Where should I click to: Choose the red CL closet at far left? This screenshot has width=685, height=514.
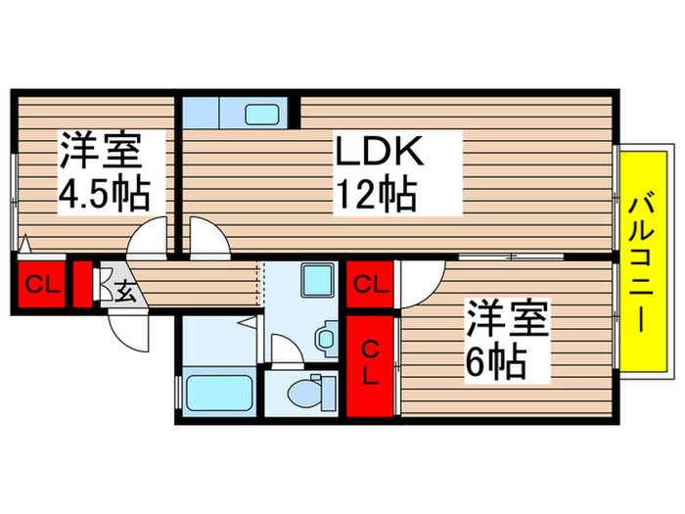[40, 286]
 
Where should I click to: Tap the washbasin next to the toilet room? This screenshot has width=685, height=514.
[325, 339]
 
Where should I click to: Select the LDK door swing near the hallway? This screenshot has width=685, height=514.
[206, 238]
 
